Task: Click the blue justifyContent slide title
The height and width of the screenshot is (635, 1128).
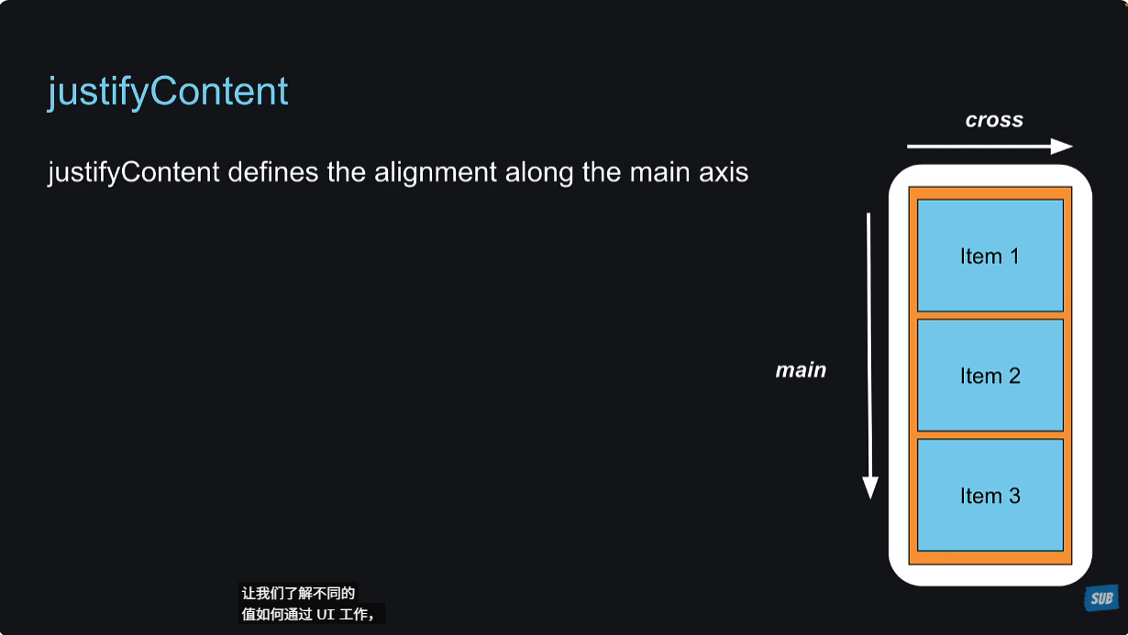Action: (x=168, y=93)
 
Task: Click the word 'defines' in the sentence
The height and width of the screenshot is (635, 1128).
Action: (x=272, y=171)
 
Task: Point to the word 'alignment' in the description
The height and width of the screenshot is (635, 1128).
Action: (x=435, y=172)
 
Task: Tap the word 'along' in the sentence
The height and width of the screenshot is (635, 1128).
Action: (x=539, y=172)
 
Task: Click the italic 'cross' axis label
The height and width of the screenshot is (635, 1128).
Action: (x=994, y=120)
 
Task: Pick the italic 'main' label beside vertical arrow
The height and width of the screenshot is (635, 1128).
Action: (x=801, y=370)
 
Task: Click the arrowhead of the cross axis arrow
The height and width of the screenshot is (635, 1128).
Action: (x=1062, y=147)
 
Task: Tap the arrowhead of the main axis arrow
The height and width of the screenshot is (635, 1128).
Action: (x=870, y=487)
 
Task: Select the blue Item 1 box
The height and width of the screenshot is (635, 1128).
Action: (x=990, y=256)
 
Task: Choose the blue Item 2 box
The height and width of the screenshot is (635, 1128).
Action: (x=990, y=376)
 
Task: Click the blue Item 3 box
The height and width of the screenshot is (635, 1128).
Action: (x=990, y=495)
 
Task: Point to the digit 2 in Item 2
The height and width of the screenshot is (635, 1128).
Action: (x=1014, y=376)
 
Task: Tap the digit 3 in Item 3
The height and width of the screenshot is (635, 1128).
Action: (x=1014, y=496)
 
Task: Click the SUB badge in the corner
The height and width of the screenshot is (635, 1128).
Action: (x=1101, y=598)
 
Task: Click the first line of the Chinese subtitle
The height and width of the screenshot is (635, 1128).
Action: (x=298, y=593)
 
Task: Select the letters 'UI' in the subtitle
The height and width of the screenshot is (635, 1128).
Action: (x=326, y=614)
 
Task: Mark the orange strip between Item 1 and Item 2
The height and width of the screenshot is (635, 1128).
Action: (x=990, y=315)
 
